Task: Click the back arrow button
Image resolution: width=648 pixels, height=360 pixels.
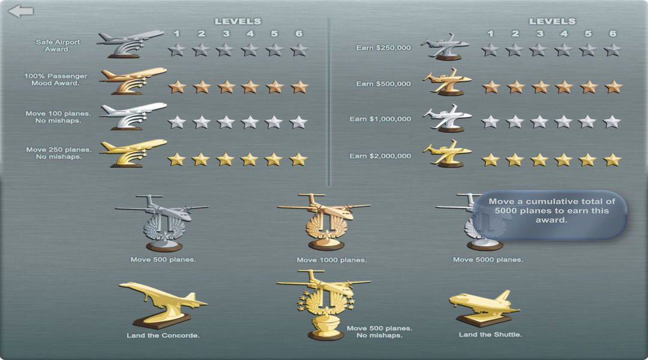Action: point(21,11)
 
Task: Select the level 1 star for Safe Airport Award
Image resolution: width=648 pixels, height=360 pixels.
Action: point(176,50)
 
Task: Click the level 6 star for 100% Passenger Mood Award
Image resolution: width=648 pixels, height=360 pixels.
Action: point(299,87)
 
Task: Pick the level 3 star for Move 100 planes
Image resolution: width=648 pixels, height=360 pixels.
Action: point(226,122)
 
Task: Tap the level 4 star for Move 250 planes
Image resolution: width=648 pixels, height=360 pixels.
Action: point(250,159)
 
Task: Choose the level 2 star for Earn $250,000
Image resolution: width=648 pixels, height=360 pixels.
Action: point(514,50)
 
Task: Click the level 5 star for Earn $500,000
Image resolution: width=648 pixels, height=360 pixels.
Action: point(588,87)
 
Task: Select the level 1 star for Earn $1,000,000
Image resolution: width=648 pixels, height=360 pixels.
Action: point(491,122)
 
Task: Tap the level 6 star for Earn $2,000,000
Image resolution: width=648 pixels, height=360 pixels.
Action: point(612,160)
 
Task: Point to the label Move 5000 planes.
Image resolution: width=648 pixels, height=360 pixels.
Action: point(488,260)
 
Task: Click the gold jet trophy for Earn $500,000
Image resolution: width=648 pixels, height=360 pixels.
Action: point(448,82)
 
